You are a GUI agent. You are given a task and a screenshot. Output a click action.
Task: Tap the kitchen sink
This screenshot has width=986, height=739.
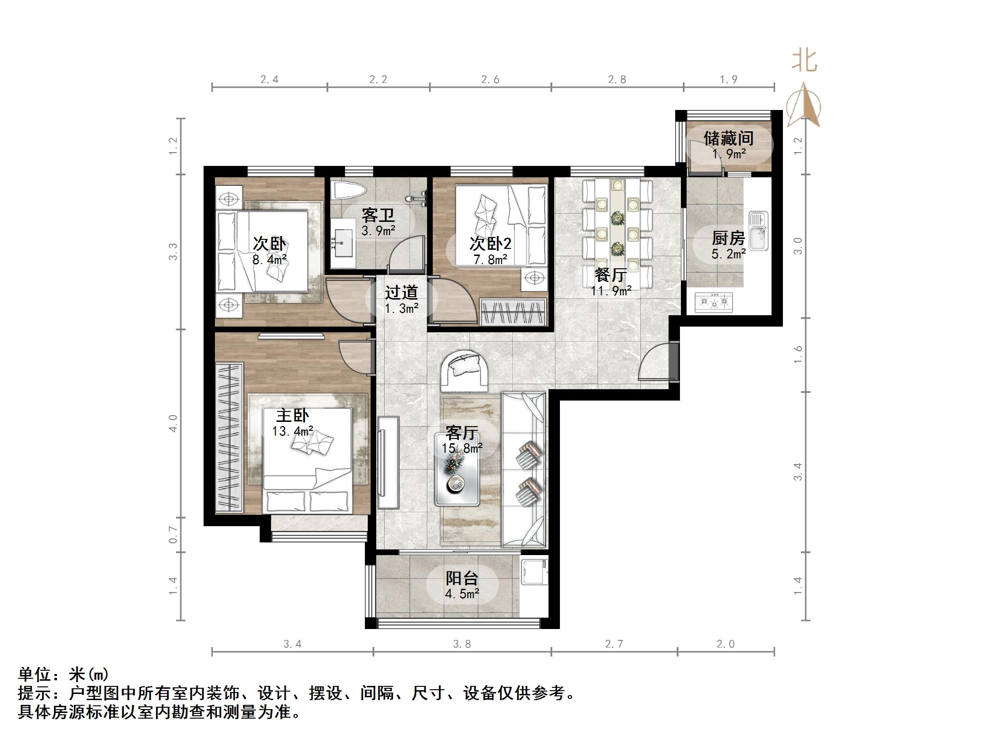coord(758,231)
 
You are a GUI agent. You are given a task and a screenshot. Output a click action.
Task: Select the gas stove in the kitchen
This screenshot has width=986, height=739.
coord(714,302)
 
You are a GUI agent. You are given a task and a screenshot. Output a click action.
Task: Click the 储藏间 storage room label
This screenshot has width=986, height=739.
coord(728,138)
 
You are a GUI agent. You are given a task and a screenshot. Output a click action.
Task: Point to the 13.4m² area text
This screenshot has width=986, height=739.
coord(292,431)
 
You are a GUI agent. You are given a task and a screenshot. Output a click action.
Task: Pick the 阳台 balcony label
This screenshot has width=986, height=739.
coord(461,578)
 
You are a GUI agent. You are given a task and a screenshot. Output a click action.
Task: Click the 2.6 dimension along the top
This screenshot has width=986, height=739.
coord(490,79)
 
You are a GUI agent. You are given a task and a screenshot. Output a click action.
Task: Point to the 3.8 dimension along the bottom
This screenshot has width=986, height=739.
coord(462,644)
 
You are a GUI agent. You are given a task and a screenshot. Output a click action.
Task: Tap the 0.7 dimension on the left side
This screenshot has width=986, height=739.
coord(173,535)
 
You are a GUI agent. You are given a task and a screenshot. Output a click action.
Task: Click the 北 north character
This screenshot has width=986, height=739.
coord(804,61)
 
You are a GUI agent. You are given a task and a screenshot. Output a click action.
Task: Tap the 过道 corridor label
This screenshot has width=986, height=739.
coord(401,292)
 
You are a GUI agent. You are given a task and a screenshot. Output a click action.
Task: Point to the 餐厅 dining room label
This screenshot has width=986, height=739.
coord(610,274)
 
